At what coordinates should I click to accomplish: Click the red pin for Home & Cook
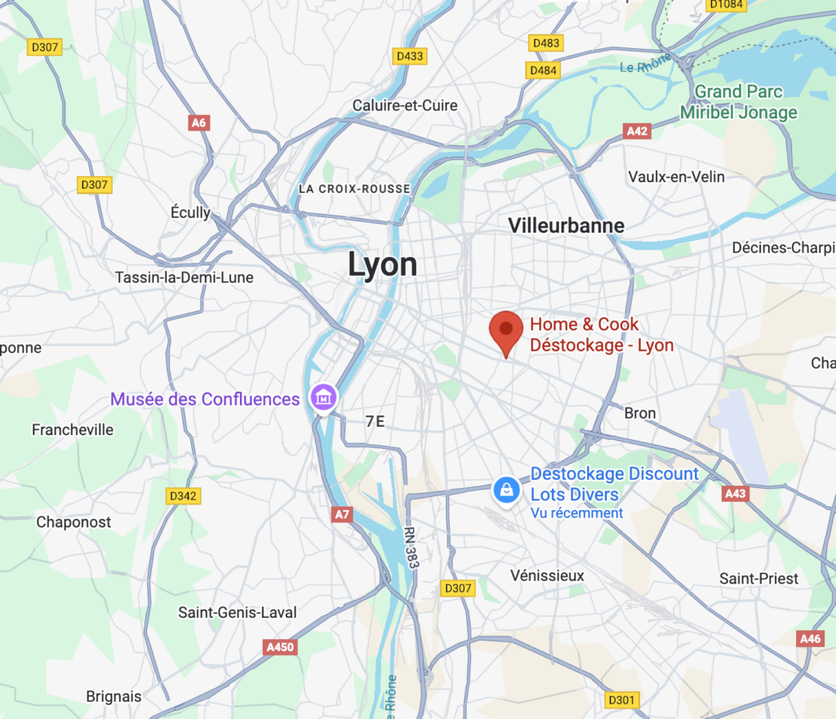pos(506,331)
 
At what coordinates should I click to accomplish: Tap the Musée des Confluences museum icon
pos(323,398)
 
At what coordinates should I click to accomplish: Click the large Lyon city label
pos(382,264)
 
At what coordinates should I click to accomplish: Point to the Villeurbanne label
pos(566,225)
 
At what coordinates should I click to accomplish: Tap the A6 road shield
pos(198,123)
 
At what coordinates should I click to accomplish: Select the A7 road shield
pos(342,515)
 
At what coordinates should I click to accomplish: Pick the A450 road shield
pos(279,647)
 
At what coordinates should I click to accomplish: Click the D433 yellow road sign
pos(409,56)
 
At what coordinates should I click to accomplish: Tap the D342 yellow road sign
pos(184,495)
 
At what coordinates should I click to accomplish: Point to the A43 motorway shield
pos(736,494)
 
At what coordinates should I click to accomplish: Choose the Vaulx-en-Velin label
pos(677,177)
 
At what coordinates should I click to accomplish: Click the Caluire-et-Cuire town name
pos(405,105)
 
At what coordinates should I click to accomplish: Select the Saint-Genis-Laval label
pos(238,612)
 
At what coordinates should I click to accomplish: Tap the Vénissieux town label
pos(547,575)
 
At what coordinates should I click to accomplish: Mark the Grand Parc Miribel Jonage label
pos(745,102)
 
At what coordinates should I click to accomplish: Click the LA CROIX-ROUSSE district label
pos(354,189)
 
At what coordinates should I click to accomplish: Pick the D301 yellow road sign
pos(622,699)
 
